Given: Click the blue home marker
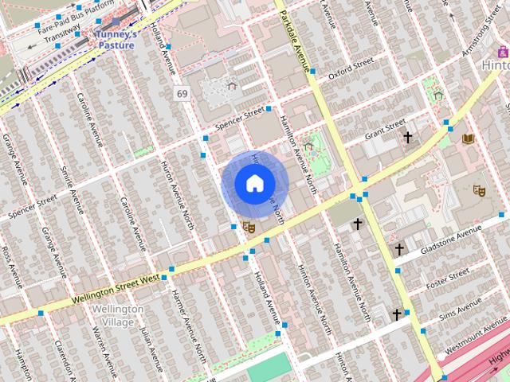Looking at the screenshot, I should (253, 184).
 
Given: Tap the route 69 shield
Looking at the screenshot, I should (182, 94).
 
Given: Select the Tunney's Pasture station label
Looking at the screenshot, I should (116, 40).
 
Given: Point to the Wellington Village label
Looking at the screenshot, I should (118, 315).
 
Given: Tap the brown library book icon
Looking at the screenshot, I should (468, 139).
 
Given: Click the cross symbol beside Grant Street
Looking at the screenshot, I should (408, 138).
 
